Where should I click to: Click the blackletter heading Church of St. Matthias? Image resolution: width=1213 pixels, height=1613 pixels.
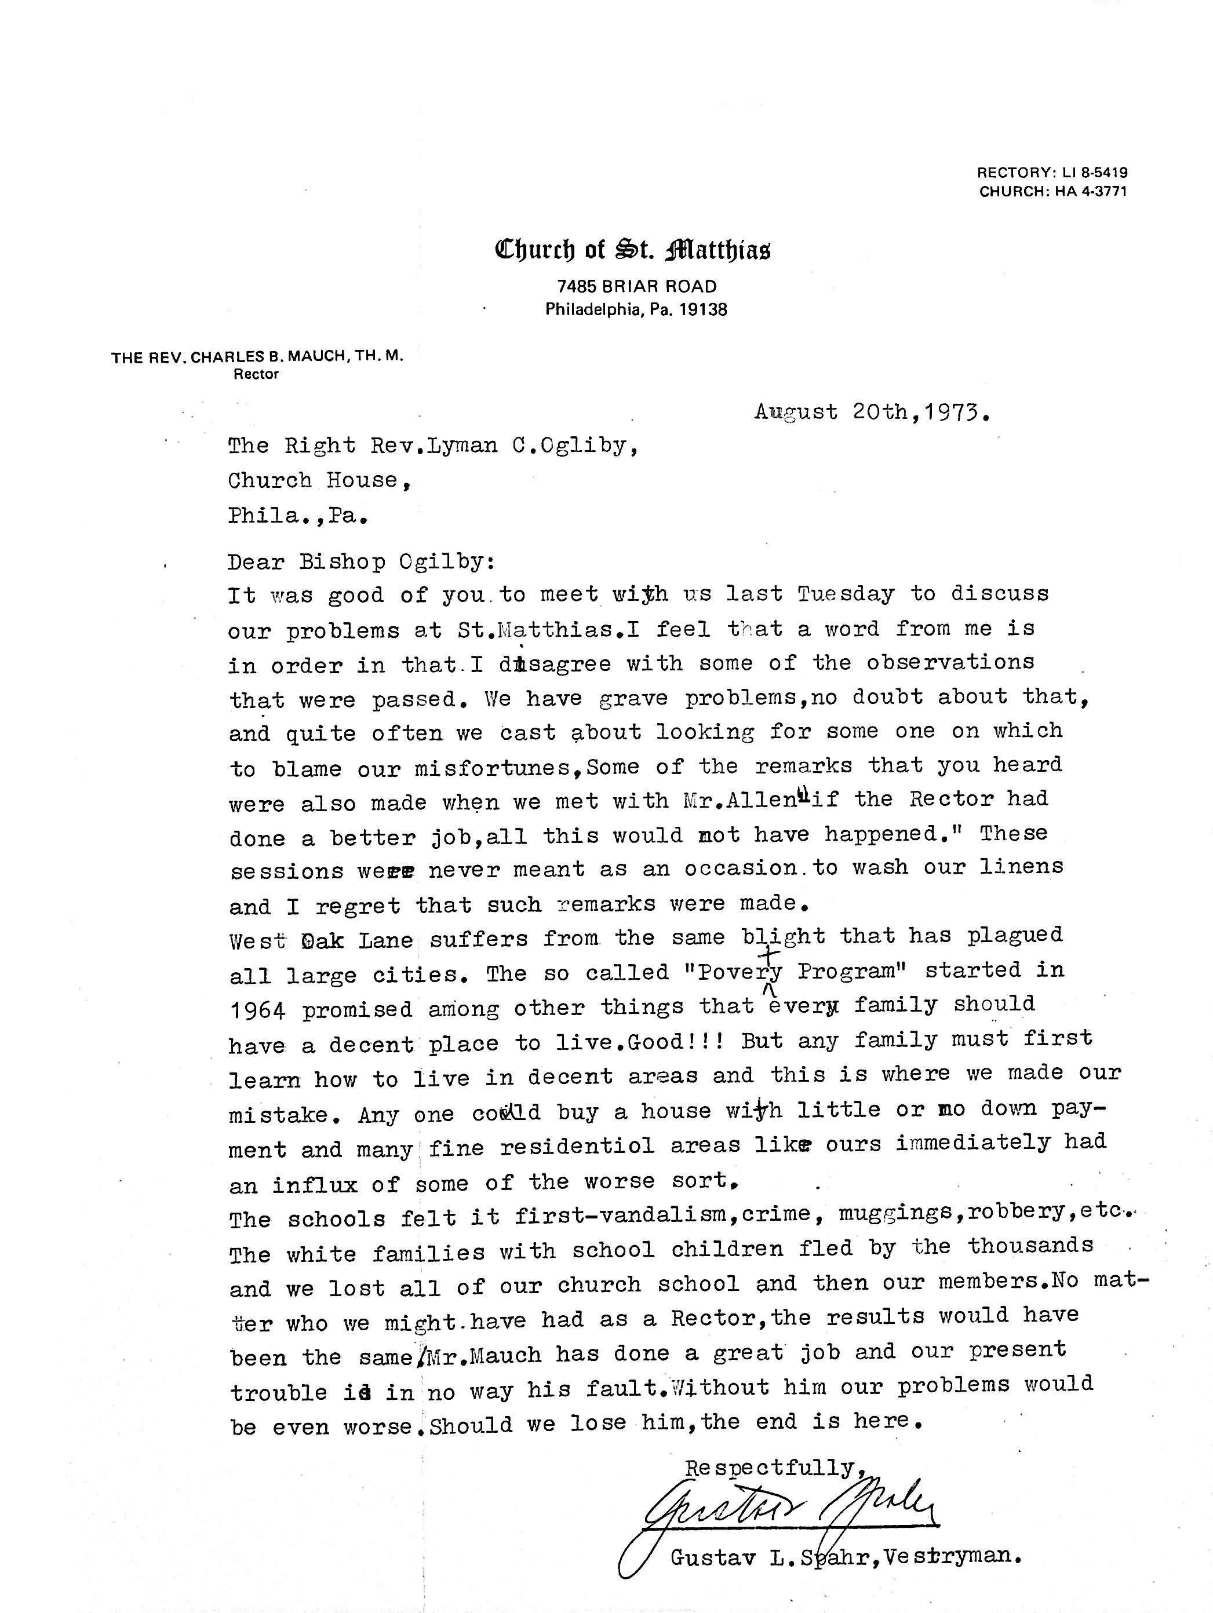point(632,250)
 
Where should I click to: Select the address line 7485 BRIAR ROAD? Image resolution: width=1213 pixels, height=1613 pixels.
point(636,287)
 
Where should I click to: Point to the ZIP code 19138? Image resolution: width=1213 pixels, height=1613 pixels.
point(703,310)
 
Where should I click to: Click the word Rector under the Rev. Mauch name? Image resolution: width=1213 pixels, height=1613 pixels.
point(256,375)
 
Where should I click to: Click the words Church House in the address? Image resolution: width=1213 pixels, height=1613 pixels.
point(314,480)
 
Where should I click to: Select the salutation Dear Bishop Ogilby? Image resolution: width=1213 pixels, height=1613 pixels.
point(361,561)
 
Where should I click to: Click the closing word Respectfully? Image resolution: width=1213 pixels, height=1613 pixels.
point(768,1467)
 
